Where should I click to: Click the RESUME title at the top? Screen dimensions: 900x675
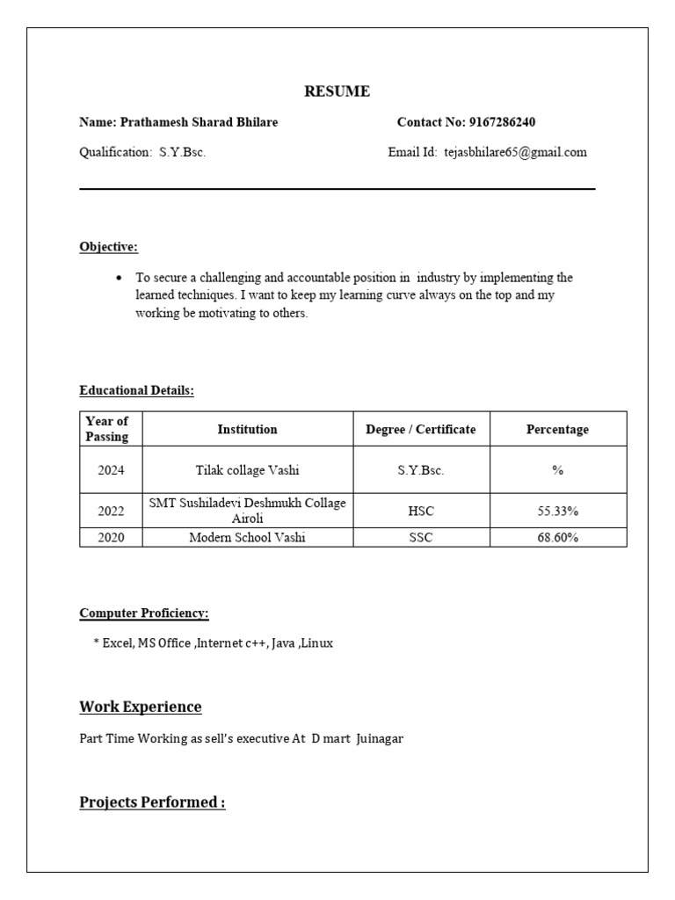pos(337,91)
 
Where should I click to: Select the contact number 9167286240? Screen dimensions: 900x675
pos(502,122)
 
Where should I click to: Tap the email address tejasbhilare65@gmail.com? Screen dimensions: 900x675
pos(515,152)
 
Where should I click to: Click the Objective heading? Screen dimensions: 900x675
pos(108,247)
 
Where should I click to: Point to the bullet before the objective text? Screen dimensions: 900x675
pos(119,278)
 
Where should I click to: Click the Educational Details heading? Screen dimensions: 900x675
pos(136,390)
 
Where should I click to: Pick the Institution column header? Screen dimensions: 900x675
pos(247,429)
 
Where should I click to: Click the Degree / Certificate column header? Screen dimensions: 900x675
pos(420,429)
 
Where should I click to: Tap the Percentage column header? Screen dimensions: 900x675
pos(557,429)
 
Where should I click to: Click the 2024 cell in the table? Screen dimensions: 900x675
pos(111,470)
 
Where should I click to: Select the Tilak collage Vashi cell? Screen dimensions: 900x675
pos(247,470)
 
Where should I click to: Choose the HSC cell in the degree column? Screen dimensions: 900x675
pos(421,511)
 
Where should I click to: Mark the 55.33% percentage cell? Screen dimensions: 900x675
pos(557,511)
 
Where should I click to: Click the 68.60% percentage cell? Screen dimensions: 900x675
pos(557,537)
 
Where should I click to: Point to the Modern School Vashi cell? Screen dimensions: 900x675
pos(247,537)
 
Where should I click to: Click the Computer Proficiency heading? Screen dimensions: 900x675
pos(144,613)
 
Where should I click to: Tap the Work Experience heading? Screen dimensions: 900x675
pos(141,707)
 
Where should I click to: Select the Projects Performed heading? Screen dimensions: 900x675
pos(152,802)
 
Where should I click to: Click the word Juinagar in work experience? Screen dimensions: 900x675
pos(379,739)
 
